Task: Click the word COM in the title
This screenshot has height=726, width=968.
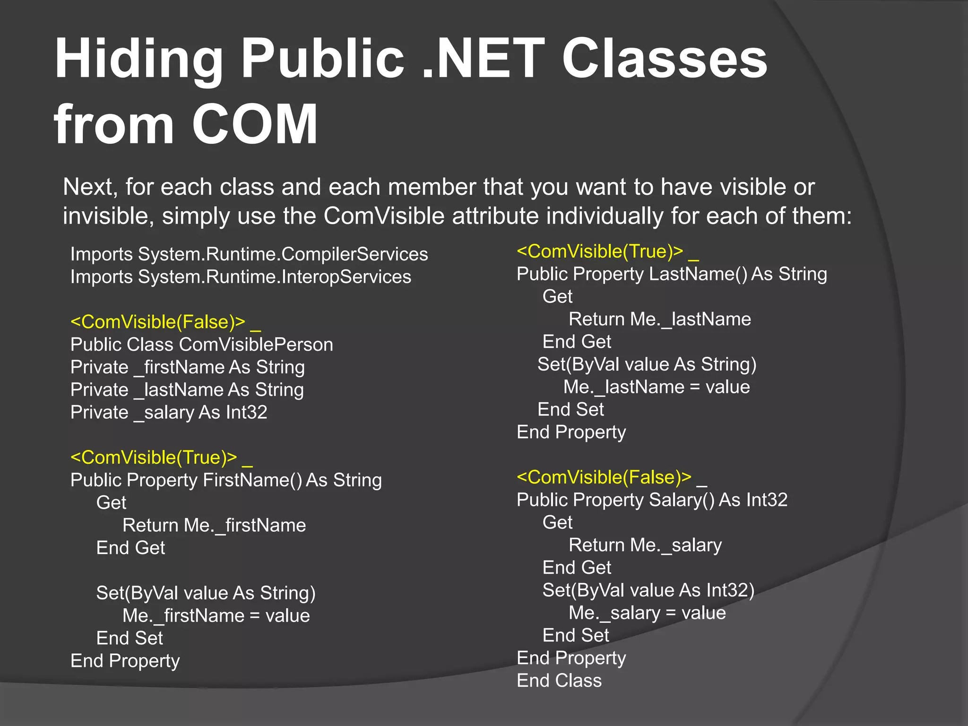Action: coord(255,124)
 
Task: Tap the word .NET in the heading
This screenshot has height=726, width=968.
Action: coord(483,59)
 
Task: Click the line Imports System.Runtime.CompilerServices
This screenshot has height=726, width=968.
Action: coord(249,254)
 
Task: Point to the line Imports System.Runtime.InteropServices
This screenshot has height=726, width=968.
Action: coord(241,277)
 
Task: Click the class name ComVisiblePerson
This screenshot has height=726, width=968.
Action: coord(256,345)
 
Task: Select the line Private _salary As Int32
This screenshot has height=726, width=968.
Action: coord(169,413)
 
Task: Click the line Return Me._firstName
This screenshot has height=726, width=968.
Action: coord(214,526)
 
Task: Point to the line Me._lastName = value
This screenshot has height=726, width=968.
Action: coord(657,387)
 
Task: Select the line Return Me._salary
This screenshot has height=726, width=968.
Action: coord(645,545)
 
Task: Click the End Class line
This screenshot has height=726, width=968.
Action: coord(559,681)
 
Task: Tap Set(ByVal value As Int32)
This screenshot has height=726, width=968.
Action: coord(648,590)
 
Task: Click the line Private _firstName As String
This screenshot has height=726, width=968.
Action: coord(188,367)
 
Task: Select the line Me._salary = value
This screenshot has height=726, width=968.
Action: coord(647,613)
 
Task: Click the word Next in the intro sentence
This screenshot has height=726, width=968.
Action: coord(90,187)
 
